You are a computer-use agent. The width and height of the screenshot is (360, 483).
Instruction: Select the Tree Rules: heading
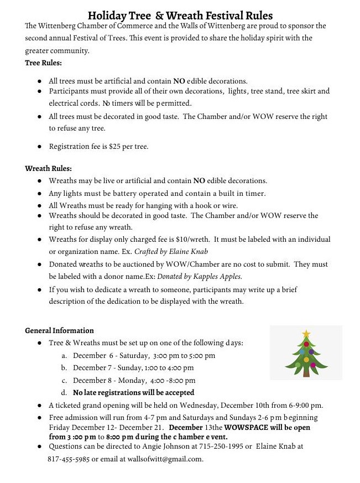pos(43,63)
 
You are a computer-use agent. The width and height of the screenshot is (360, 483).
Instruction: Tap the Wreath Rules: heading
pos(48,168)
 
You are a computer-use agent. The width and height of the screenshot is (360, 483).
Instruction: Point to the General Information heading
pos(59,331)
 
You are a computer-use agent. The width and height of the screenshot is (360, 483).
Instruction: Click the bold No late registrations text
pos(133,393)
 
